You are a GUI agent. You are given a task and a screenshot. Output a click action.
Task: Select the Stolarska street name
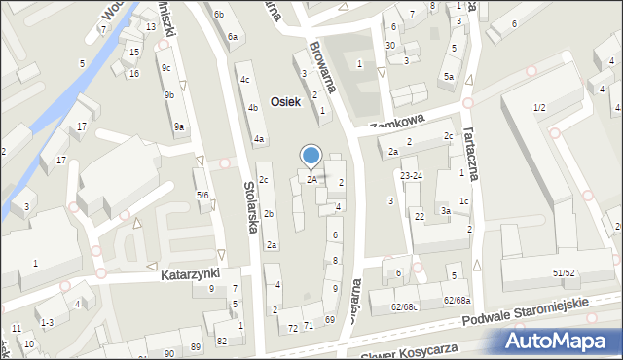(251, 207)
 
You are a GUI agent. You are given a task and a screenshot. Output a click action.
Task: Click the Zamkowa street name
(397, 123)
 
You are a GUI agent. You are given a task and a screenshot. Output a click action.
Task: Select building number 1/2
(538, 107)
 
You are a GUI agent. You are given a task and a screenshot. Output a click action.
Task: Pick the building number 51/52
(564, 273)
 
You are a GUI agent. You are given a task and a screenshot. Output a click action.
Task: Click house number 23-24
(412, 176)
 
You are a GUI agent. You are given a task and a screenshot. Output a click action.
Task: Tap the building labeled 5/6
(202, 196)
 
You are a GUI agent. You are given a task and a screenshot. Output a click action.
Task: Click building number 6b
(219, 14)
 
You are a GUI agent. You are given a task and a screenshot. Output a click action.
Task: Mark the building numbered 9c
(166, 67)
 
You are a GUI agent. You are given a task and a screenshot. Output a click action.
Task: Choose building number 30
(389, 45)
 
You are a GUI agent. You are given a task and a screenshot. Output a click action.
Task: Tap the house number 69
(330, 319)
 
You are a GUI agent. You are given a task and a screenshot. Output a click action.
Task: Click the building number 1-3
(46, 322)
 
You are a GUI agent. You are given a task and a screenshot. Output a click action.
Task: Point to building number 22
(420, 216)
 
